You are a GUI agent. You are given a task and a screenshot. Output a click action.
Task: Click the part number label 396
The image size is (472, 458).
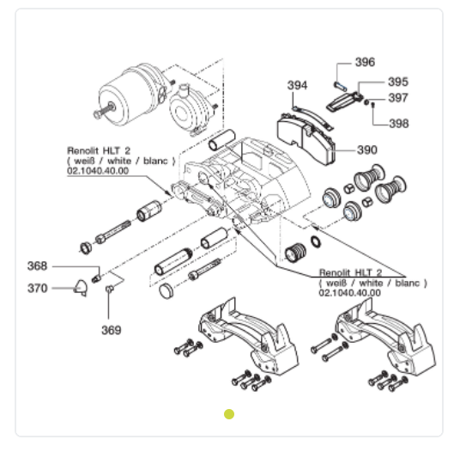click(x=365, y=63)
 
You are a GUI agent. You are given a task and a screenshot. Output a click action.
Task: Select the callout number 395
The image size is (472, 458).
click(x=398, y=82)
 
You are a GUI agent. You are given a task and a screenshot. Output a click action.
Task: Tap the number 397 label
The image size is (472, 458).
click(x=398, y=98)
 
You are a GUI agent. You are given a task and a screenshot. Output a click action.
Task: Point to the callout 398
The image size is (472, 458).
click(x=399, y=123)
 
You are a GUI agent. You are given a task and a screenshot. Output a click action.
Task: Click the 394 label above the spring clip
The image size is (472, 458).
click(x=298, y=85)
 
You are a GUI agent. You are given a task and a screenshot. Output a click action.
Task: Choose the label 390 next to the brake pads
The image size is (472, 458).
click(x=367, y=150)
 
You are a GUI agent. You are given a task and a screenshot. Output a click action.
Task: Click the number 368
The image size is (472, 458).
click(x=37, y=266)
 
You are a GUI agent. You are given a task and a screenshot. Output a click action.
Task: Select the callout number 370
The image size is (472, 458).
click(x=37, y=289)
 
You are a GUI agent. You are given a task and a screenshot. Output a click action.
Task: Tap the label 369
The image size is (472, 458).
click(x=112, y=330)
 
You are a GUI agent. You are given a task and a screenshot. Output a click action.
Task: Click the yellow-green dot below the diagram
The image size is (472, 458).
click(x=229, y=414)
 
